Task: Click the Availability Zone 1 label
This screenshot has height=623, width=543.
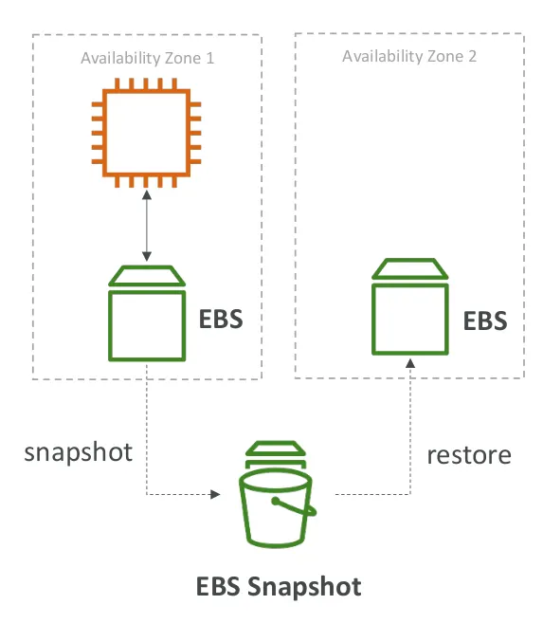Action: (147, 58)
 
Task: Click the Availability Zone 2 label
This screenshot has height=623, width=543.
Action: (408, 56)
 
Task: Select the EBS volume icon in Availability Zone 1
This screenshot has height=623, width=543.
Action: (147, 314)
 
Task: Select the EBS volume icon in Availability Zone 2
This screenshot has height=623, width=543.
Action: (409, 306)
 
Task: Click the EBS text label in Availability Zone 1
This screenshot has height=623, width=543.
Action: (220, 319)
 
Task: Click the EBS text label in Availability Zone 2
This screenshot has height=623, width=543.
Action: (484, 320)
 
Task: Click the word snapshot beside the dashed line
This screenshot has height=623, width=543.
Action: (78, 450)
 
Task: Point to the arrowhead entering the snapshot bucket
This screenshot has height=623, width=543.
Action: (216, 494)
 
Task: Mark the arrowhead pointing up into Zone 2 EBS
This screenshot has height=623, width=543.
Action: (409, 364)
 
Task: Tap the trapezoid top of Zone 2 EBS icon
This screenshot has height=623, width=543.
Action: (409, 268)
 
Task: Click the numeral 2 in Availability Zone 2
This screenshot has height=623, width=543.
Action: (471, 56)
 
